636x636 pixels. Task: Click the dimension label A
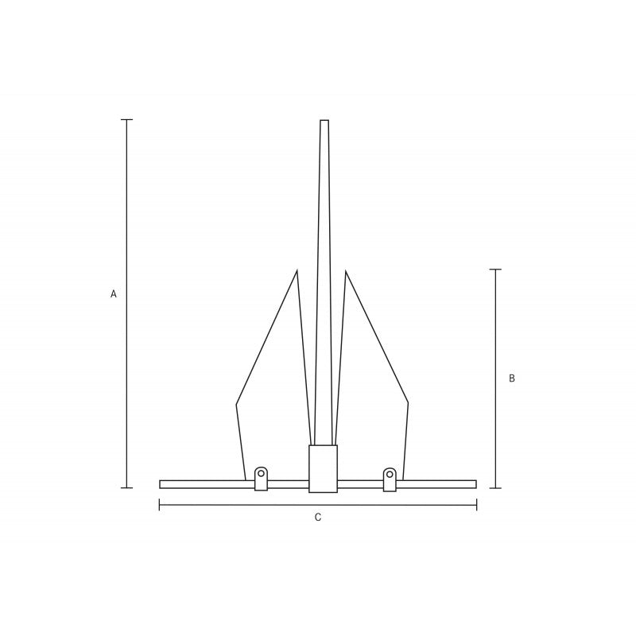pyautogui.click(x=114, y=294)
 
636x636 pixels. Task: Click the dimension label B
pyautogui.click(x=512, y=378)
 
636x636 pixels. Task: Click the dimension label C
pyautogui.click(x=318, y=518)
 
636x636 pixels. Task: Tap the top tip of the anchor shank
pyautogui.click(x=324, y=120)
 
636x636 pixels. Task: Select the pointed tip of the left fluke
pyautogui.click(x=297, y=270)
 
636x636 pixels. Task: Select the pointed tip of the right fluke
pyautogui.click(x=346, y=271)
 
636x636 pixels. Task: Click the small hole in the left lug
pyautogui.click(x=261, y=473)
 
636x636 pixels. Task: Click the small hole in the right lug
pyautogui.click(x=390, y=473)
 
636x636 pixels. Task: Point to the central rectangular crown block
pyautogui.click(x=323, y=469)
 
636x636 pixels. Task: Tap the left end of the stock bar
pyautogui.click(x=160, y=484)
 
